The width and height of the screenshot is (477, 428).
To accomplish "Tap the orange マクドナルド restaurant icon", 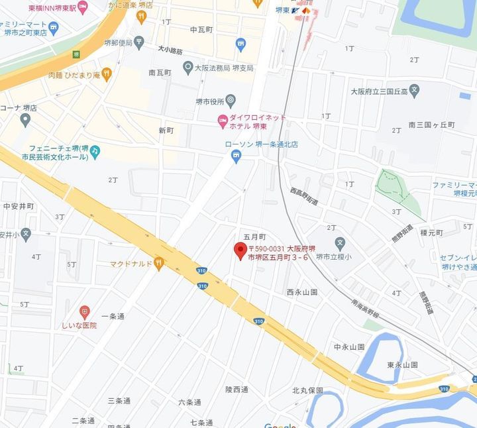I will [x=158, y=264].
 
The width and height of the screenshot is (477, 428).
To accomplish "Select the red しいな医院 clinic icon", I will [x=84, y=311].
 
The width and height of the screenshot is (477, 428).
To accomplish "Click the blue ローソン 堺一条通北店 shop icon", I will [x=236, y=156].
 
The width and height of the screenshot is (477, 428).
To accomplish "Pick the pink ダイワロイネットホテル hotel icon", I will [x=223, y=121].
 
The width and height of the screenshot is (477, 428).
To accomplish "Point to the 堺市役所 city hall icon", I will [x=231, y=101].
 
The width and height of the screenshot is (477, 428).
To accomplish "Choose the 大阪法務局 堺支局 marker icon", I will [x=188, y=68].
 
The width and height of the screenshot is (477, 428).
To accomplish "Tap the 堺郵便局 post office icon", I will [x=138, y=43].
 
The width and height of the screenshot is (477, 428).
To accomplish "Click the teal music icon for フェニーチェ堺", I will [x=95, y=152].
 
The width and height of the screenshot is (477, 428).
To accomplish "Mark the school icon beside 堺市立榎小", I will [x=340, y=244].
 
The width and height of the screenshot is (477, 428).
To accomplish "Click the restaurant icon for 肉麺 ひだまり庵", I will [x=107, y=74].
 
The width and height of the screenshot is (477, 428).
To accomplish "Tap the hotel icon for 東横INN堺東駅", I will [x=82, y=7].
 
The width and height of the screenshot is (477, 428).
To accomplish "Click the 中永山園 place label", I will [x=349, y=347].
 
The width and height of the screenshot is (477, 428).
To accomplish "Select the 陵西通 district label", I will [x=237, y=390].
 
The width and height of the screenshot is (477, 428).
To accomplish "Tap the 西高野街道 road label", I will [x=304, y=196].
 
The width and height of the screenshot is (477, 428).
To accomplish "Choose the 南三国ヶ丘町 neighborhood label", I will [x=431, y=125].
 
